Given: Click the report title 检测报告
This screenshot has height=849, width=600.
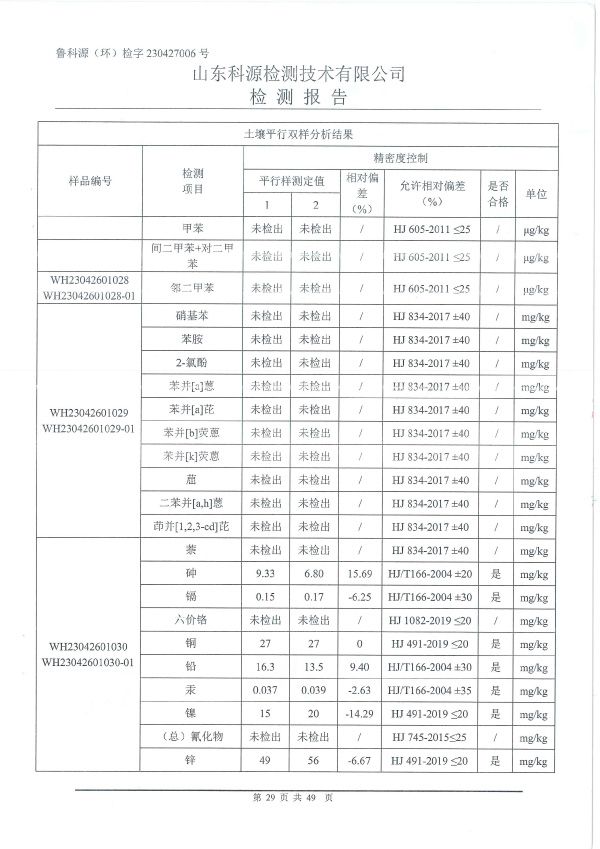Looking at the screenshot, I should tap(299, 97).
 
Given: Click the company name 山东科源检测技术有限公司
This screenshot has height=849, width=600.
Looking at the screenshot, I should tap(299, 75).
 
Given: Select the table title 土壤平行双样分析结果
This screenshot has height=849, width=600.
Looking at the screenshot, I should tap(299, 133).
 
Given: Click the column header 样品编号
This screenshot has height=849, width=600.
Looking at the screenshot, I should tap(90, 181).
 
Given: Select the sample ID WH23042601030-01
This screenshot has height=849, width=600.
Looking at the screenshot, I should tap(89, 662).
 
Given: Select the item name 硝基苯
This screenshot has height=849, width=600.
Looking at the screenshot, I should tap(192, 316).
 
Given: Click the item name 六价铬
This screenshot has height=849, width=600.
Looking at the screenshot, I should tap(192, 620).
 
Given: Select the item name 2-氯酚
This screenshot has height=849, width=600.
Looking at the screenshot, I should tap(192, 362).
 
